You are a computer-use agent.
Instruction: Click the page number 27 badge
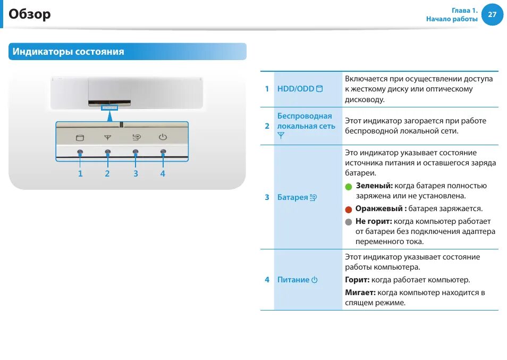click(x=492, y=15)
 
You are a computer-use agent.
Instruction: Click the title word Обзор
click(x=30, y=14)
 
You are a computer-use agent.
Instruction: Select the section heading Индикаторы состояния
click(x=69, y=52)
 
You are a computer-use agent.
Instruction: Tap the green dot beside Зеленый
click(x=349, y=187)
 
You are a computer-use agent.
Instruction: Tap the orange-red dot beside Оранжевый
click(x=349, y=210)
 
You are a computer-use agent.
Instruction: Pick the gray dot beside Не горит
click(x=349, y=222)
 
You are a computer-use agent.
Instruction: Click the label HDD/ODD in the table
click(x=295, y=89)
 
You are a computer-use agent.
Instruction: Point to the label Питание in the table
click(x=293, y=280)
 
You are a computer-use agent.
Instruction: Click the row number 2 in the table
click(x=267, y=126)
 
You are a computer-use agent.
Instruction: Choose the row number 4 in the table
click(x=267, y=280)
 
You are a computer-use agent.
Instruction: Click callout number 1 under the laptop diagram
click(x=80, y=173)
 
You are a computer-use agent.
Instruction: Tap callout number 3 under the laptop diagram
click(x=136, y=173)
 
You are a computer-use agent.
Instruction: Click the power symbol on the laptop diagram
click(x=163, y=137)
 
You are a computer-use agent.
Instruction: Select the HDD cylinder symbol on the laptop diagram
click(x=80, y=138)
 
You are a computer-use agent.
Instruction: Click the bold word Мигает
click(x=360, y=292)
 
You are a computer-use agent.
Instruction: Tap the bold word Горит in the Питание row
click(x=357, y=280)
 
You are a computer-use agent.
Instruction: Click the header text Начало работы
click(x=452, y=19)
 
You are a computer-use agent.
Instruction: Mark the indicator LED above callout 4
click(x=163, y=152)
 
